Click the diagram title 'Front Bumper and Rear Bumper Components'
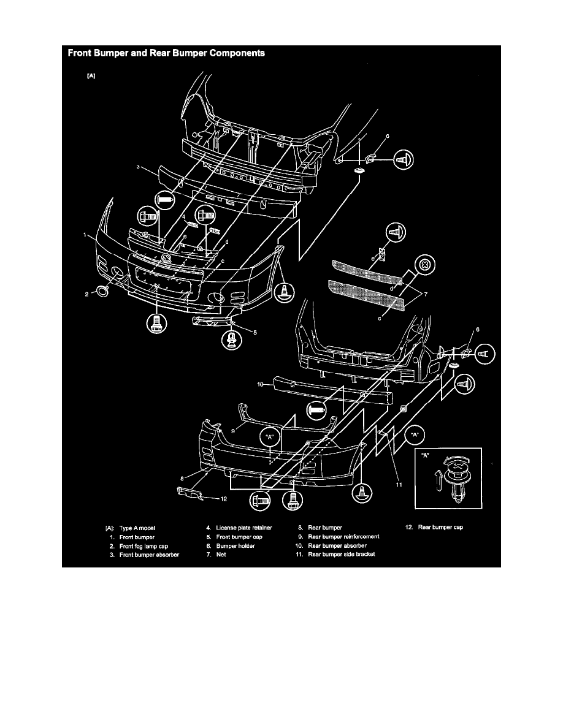coord(166,53)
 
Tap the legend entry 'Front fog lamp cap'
coord(144,546)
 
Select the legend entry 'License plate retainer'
coord(244,528)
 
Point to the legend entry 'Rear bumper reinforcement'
coord(343,536)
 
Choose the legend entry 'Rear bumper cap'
coord(440,527)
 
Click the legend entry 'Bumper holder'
coord(235,546)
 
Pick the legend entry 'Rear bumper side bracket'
coord(342,554)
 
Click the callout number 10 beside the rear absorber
coord(260,384)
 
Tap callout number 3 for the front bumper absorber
coord(138,166)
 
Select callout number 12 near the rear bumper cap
coord(223,499)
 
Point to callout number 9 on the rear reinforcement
coord(232,430)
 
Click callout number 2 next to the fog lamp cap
coord(86,294)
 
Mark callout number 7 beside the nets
coord(426,294)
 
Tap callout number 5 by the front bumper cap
coord(255,332)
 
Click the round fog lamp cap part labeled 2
coord(102,291)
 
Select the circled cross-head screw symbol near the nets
coord(424,265)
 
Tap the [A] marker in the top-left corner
coord(91,76)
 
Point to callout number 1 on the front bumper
coord(85,235)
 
